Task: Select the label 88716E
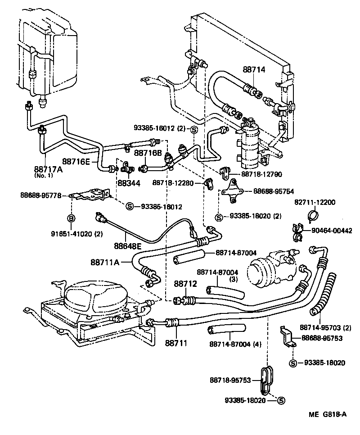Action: [x=76, y=161]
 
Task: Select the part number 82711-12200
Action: [x=315, y=202]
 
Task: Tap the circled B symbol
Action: [x=71, y=218]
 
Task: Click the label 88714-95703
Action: [x=322, y=327]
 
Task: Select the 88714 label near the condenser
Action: [x=255, y=70]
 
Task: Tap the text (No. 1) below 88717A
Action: [x=44, y=176]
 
